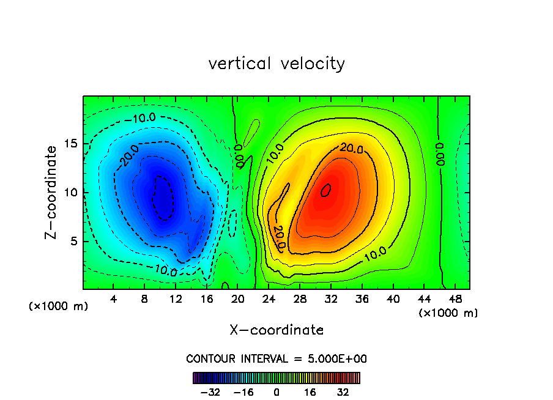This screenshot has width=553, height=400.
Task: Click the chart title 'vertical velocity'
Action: (276, 64)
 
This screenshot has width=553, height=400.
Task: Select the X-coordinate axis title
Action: (276, 330)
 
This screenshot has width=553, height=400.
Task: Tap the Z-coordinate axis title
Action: (52, 192)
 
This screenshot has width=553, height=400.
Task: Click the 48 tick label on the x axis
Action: (455, 300)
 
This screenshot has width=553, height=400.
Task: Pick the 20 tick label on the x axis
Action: (238, 300)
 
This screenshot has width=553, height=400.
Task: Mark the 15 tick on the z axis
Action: (70, 144)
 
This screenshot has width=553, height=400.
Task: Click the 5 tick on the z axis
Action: (70, 241)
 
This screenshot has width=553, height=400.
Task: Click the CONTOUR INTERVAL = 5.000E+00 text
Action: (276, 359)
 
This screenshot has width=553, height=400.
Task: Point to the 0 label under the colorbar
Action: (276, 392)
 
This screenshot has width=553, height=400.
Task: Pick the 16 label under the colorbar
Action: (310, 392)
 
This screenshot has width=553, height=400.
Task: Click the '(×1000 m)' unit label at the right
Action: (448, 313)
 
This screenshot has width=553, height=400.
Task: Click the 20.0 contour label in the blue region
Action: (130, 156)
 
